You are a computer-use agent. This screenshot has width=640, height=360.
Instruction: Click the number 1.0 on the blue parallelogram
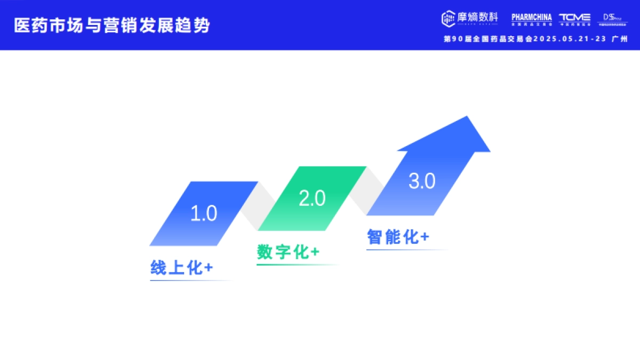204,214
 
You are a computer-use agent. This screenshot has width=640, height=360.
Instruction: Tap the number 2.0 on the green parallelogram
312,199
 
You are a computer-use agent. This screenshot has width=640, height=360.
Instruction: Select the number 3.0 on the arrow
422,181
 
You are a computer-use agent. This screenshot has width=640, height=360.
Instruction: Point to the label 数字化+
288,252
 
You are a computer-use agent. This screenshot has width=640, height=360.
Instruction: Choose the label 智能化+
398,237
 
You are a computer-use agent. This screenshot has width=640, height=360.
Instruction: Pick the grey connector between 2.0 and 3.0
367,189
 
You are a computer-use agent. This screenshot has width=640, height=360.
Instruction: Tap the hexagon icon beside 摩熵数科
447,18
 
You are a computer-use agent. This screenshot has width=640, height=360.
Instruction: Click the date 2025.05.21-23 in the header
570,39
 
